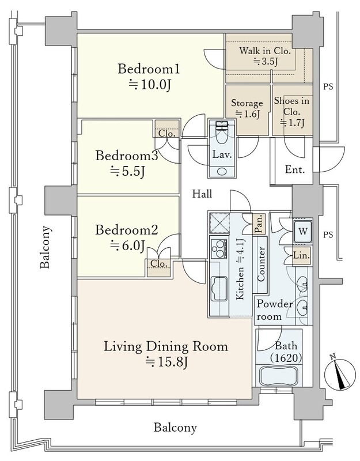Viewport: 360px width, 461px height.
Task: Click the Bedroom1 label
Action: (x=149, y=69)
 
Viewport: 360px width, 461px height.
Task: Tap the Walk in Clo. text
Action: (x=265, y=51)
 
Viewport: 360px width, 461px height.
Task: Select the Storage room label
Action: (x=247, y=103)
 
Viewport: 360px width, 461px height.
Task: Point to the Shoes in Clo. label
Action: (x=291, y=106)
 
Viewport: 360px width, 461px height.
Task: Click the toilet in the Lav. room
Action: (x=222, y=133)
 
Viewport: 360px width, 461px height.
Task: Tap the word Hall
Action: (x=202, y=194)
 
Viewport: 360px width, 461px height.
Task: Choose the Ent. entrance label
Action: (x=295, y=169)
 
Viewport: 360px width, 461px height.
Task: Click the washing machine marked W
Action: (x=303, y=231)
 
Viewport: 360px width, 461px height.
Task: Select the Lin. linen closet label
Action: (x=301, y=255)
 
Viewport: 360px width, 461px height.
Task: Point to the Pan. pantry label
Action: (x=259, y=224)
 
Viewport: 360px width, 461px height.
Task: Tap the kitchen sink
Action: (x=219, y=289)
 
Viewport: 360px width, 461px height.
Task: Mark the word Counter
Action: (x=261, y=264)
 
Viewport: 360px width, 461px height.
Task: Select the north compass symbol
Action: (x=339, y=373)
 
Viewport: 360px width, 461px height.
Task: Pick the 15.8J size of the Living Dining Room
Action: (x=166, y=362)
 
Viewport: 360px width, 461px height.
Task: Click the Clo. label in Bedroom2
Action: (x=159, y=264)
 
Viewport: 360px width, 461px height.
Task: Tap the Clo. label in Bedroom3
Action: (x=167, y=134)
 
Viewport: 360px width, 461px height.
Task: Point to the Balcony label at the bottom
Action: (x=175, y=428)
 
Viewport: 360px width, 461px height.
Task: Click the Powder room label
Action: (x=274, y=310)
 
